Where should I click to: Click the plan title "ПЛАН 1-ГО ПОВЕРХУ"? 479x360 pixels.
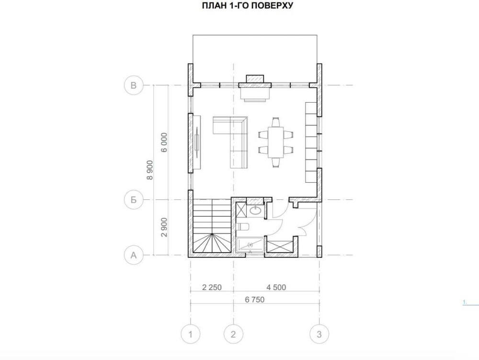(x=248, y=5)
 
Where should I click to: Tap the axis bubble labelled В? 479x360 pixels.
(x=134, y=85)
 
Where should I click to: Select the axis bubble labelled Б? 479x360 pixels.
(x=134, y=200)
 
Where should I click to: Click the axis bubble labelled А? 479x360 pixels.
(x=134, y=255)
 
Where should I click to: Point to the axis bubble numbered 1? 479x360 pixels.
(x=190, y=334)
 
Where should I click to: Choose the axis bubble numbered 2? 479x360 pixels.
(x=233, y=334)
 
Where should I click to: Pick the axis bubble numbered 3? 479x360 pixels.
(x=319, y=334)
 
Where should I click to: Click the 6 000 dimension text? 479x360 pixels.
(x=164, y=142)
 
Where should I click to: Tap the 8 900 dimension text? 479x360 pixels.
(x=149, y=170)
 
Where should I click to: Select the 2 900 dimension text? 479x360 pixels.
(x=164, y=227)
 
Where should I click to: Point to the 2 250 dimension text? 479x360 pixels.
(x=212, y=287)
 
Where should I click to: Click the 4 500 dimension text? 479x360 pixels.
(x=276, y=287)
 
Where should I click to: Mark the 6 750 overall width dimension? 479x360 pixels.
(x=254, y=300)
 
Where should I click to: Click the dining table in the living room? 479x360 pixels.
(x=276, y=142)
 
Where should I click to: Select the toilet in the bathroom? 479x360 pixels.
(x=243, y=226)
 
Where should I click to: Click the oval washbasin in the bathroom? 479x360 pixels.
(x=255, y=210)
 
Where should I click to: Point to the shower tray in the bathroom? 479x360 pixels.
(x=250, y=245)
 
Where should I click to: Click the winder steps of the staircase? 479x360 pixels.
(x=211, y=243)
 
